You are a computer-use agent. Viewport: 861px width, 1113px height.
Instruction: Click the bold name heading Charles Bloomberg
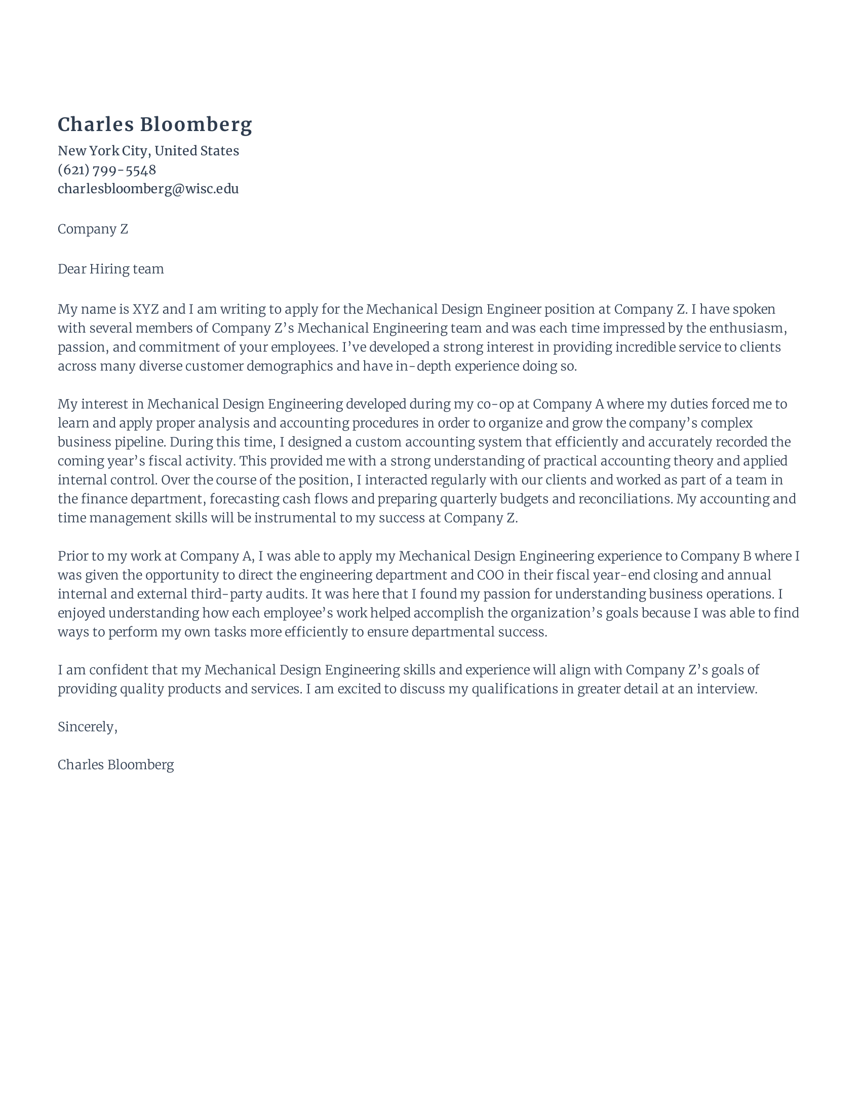(x=154, y=125)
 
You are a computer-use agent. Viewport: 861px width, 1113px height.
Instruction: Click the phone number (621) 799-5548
(x=106, y=169)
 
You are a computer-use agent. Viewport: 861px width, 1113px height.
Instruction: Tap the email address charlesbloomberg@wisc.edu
(x=148, y=189)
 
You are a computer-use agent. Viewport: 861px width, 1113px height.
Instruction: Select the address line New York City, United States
(x=148, y=151)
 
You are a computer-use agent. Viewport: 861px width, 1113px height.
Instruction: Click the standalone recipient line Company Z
(x=92, y=229)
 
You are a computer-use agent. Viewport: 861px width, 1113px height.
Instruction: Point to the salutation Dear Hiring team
(x=111, y=269)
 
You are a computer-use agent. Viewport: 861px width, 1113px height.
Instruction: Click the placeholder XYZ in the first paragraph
(x=145, y=309)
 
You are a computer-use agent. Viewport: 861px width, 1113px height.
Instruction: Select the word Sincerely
(x=86, y=726)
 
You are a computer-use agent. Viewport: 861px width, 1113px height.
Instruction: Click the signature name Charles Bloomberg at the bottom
(x=115, y=765)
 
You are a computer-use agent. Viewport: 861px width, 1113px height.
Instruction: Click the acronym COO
(x=490, y=575)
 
